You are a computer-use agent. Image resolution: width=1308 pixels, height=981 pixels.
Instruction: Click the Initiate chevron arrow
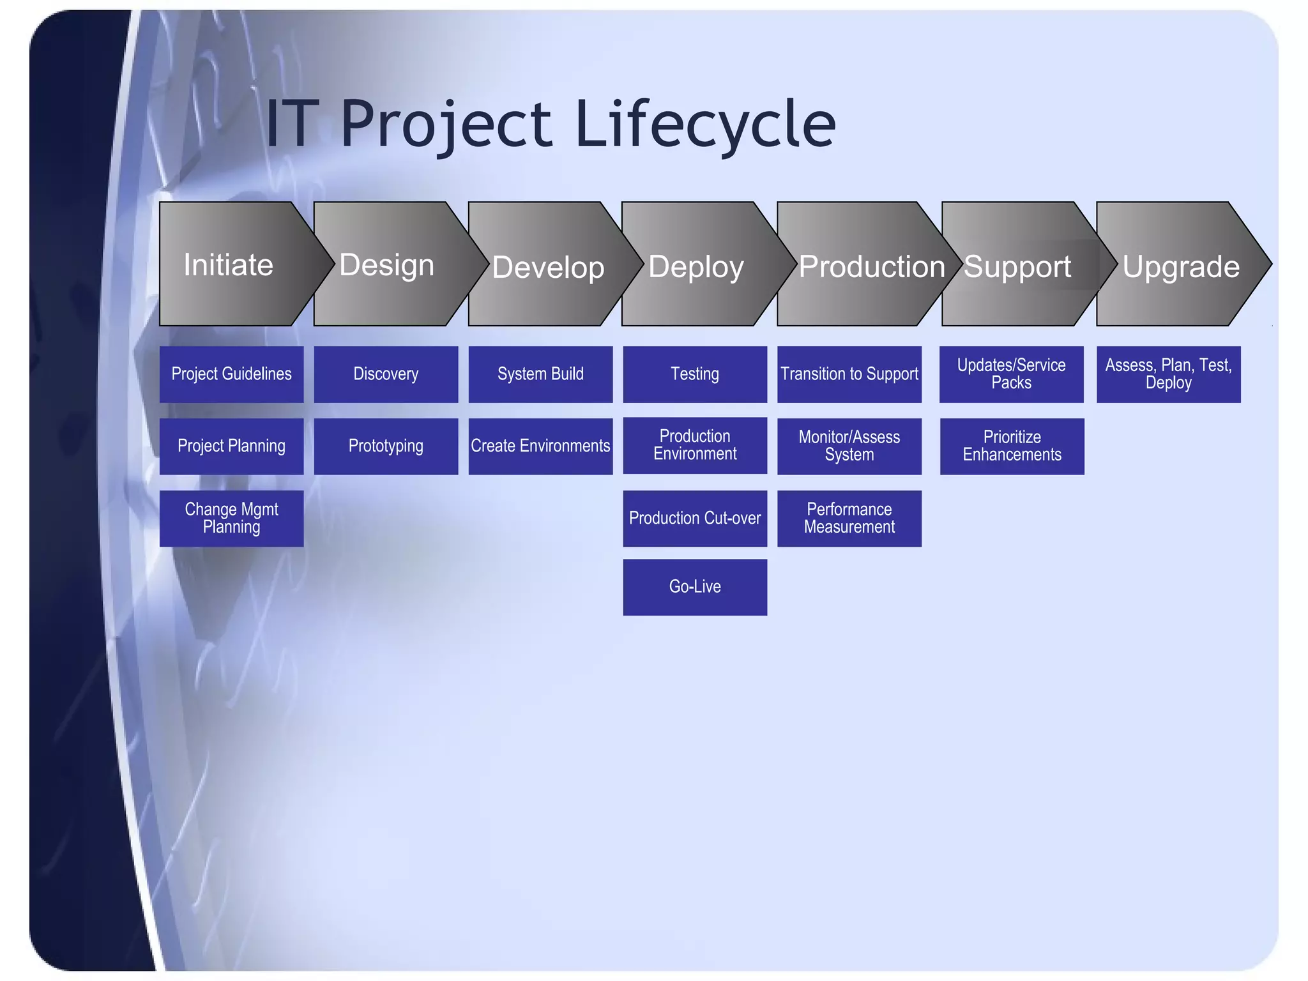(x=230, y=264)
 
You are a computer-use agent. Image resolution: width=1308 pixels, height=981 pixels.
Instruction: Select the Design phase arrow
(x=387, y=264)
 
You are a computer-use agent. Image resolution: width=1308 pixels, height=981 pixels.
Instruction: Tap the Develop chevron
(x=548, y=266)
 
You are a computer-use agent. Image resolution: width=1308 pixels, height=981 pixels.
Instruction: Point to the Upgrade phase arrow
(x=1180, y=266)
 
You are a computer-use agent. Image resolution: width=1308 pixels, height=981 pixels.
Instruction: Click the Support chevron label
(x=1017, y=266)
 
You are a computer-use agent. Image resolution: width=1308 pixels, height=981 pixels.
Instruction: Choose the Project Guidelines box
(x=231, y=374)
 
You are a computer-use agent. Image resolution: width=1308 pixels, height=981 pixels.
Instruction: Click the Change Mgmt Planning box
(x=231, y=518)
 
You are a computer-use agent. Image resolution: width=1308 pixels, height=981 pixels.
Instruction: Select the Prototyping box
(x=386, y=446)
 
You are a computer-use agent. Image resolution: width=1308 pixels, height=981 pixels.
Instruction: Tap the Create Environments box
(x=540, y=446)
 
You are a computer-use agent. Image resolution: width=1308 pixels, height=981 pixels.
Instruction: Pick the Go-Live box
(x=695, y=587)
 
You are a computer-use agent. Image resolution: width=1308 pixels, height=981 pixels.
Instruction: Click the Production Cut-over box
(x=695, y=518)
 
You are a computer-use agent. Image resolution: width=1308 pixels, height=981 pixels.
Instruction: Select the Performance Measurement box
(x=849, y=518)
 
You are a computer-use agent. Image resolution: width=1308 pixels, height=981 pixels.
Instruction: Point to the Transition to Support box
(x=849, y=374)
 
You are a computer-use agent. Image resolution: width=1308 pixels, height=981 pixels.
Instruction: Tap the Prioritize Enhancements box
(x=1012, y=446)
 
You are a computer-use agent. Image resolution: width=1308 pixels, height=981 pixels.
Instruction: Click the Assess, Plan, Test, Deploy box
(x=1168, y=374)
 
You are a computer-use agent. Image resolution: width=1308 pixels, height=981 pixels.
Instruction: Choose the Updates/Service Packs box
(x=1011, y=374)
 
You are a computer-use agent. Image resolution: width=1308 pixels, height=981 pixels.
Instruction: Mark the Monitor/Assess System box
(x=849, y=446)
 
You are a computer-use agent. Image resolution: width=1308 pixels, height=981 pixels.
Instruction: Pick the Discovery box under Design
(x=386, y=374)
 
